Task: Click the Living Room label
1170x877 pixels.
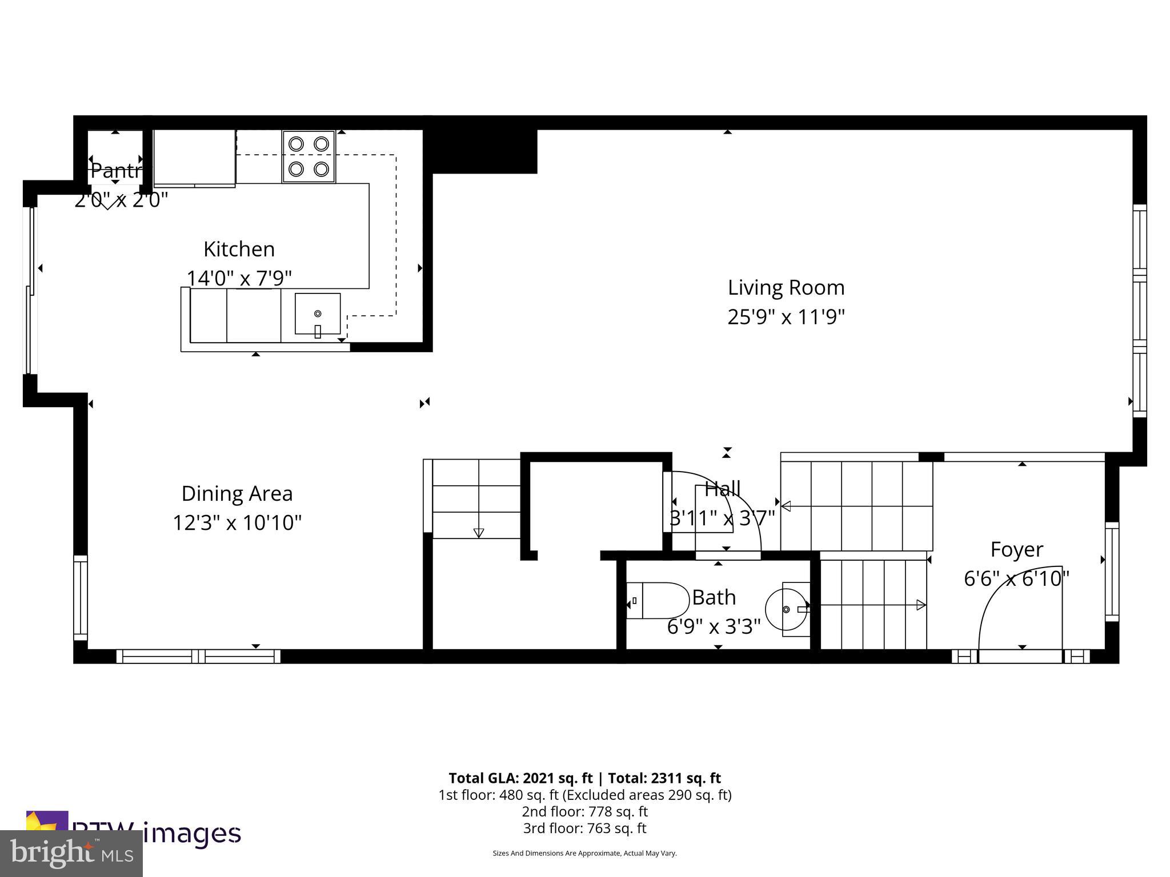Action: pos(786,287)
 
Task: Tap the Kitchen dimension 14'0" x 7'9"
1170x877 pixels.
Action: pos(239,278)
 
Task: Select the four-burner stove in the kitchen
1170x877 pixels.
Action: pos(308,156)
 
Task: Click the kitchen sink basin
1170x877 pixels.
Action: pos(318,313)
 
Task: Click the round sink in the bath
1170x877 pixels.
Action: pos(786,609)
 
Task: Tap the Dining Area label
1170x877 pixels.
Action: pos(237,493)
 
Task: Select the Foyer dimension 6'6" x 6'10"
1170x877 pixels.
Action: pos(1016,578)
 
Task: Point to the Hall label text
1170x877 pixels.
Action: pos(723,489)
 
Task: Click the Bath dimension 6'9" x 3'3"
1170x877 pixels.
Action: pos(714,627)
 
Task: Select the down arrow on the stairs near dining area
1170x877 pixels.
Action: pos(479,533)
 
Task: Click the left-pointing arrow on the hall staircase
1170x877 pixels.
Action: pos(786,506)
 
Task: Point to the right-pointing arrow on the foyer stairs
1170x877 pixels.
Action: pos(920,605)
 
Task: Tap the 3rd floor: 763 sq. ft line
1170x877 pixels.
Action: pos(584,828)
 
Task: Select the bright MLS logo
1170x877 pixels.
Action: pos(71,854)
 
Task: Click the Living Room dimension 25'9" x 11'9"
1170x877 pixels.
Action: pos(786,316)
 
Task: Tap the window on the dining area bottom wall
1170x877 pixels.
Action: pos(198,656)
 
